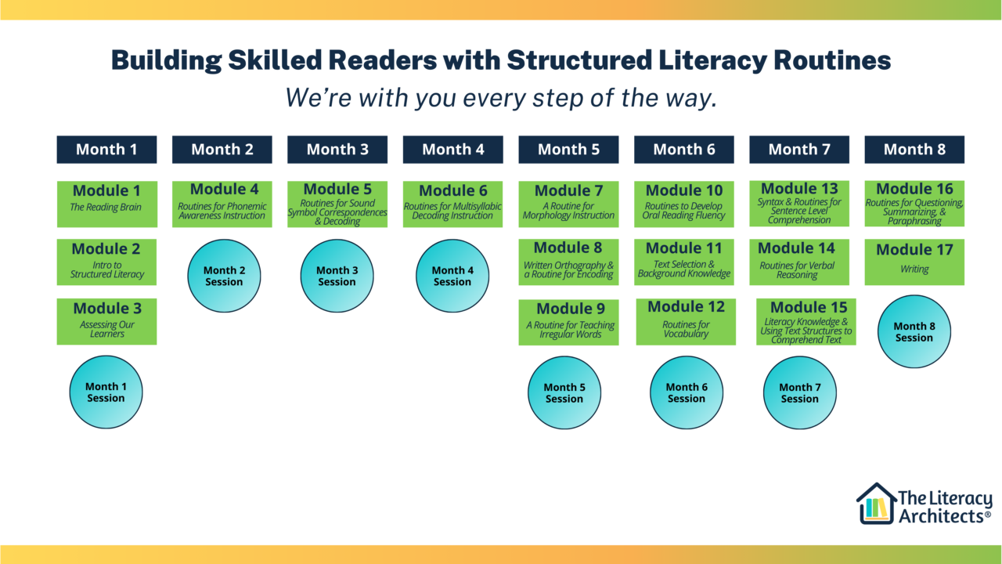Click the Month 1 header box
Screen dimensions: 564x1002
point(106,150)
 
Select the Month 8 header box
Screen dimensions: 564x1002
point(914,150)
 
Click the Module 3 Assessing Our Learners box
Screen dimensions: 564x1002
point(106,321)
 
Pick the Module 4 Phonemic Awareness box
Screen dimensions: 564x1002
point(222,204)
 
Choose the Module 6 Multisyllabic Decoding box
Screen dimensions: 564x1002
point(452,204)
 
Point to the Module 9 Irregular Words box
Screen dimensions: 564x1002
point(568,322)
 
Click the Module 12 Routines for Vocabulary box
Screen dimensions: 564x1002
point(686,322)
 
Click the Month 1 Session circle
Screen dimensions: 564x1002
point(106,392)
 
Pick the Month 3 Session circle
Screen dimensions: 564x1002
point(337,276)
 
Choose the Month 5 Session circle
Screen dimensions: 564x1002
point(564,392)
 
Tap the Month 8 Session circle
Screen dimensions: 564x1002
point(914,332)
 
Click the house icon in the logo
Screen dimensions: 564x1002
point(876,504)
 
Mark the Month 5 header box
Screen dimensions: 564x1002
point(568,150)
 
